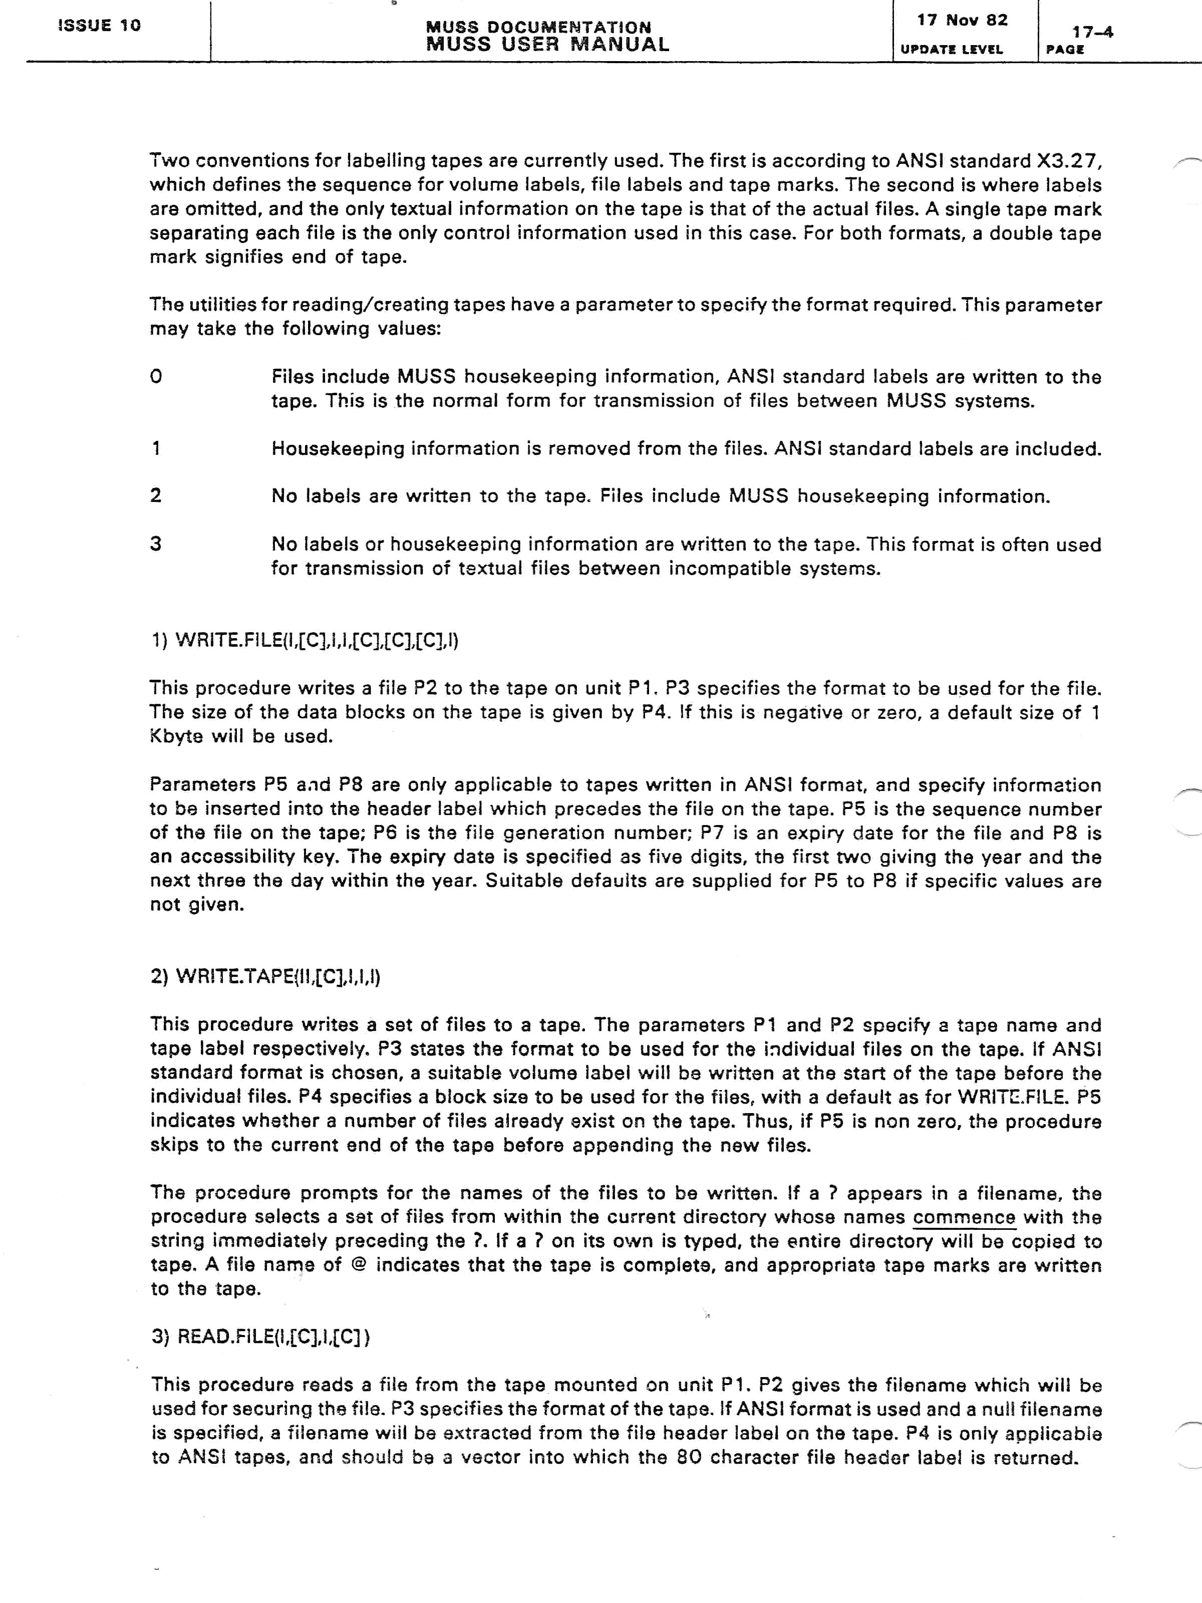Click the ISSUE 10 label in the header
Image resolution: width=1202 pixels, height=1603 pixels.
point(99,26)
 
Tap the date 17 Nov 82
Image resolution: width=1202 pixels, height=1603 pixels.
point(962,21)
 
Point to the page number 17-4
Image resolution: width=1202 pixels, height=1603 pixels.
point(1093,32)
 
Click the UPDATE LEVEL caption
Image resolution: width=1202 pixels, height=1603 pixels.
point(951,49)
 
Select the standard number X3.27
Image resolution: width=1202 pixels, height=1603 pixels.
point(1069,161)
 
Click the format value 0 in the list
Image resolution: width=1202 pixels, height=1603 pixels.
point(156,377)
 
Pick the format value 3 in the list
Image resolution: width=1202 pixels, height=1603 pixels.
point(156,544)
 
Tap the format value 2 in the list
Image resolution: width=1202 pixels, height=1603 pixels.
point(156,496)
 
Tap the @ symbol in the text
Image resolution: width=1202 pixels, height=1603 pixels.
point(357,1265)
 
